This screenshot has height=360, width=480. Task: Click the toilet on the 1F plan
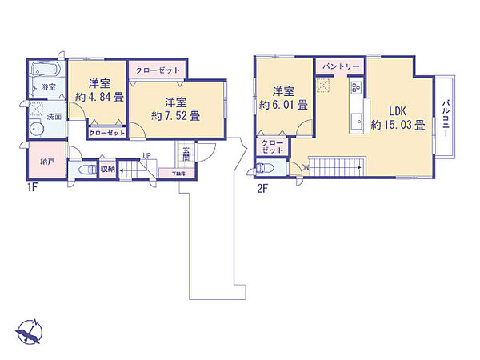coord(85,170)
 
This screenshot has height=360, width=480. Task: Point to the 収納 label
coord(107,169)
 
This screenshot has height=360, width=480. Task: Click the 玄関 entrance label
coord(186,154)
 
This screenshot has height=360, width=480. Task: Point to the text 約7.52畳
coord(175,115)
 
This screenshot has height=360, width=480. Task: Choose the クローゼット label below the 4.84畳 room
coord(106,133)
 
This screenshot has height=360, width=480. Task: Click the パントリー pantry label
coord(341,64)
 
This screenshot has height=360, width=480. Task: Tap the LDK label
coord(398,111)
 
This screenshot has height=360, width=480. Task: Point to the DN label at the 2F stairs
coord(306,167)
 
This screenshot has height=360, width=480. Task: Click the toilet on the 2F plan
coord(267,168)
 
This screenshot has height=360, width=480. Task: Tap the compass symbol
coord(28,331)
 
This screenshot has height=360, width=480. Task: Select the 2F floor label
coord(263,191)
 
